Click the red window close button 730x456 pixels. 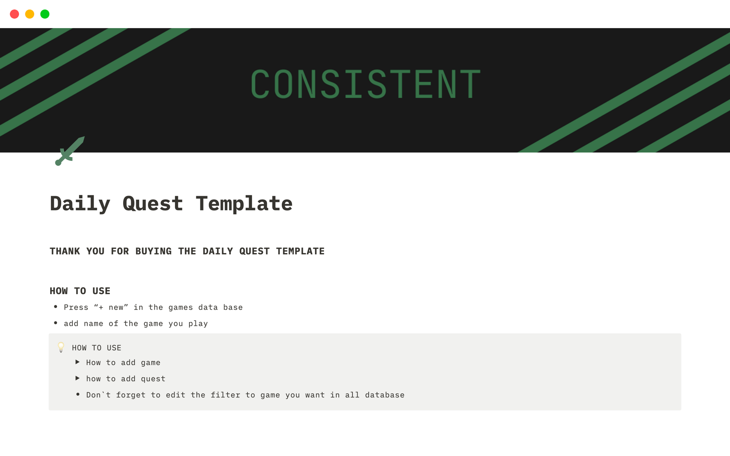click(14, 14)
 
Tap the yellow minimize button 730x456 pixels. click(30, 14)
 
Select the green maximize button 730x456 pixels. click(45, 14)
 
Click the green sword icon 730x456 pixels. click(70, 151)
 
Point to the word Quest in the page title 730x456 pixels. click(153, 204)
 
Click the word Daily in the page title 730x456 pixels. click(80, 204)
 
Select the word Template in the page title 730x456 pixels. click(244, 204)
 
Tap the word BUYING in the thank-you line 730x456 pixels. click(154, 251)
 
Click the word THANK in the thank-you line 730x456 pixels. click(65, 251)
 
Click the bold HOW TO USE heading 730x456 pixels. click(80, 291)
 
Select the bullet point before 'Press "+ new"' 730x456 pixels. click(56, 306)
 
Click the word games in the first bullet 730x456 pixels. click(181, 307)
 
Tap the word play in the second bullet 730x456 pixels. click(198, 324)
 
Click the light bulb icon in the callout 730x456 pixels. click(61, 347)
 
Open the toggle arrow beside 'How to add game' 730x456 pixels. click(78, 362)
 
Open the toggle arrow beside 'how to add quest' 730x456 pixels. click(78, 378)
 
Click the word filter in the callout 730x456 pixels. click(225, 395)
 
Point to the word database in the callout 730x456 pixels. click(385, 395)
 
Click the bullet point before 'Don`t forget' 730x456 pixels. click(78, 394)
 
